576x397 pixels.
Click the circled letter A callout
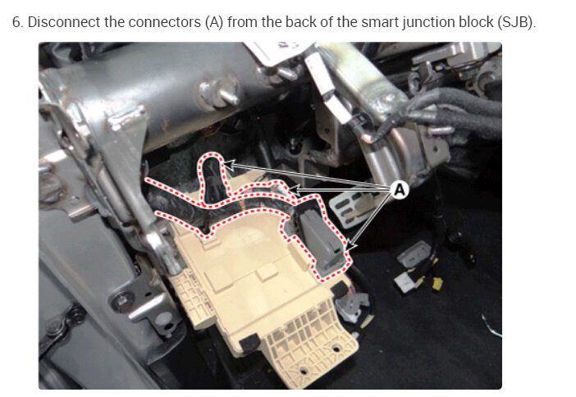pos(400,190)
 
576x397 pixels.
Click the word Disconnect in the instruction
pos(62,21)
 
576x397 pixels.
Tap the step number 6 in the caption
pos(16,21)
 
